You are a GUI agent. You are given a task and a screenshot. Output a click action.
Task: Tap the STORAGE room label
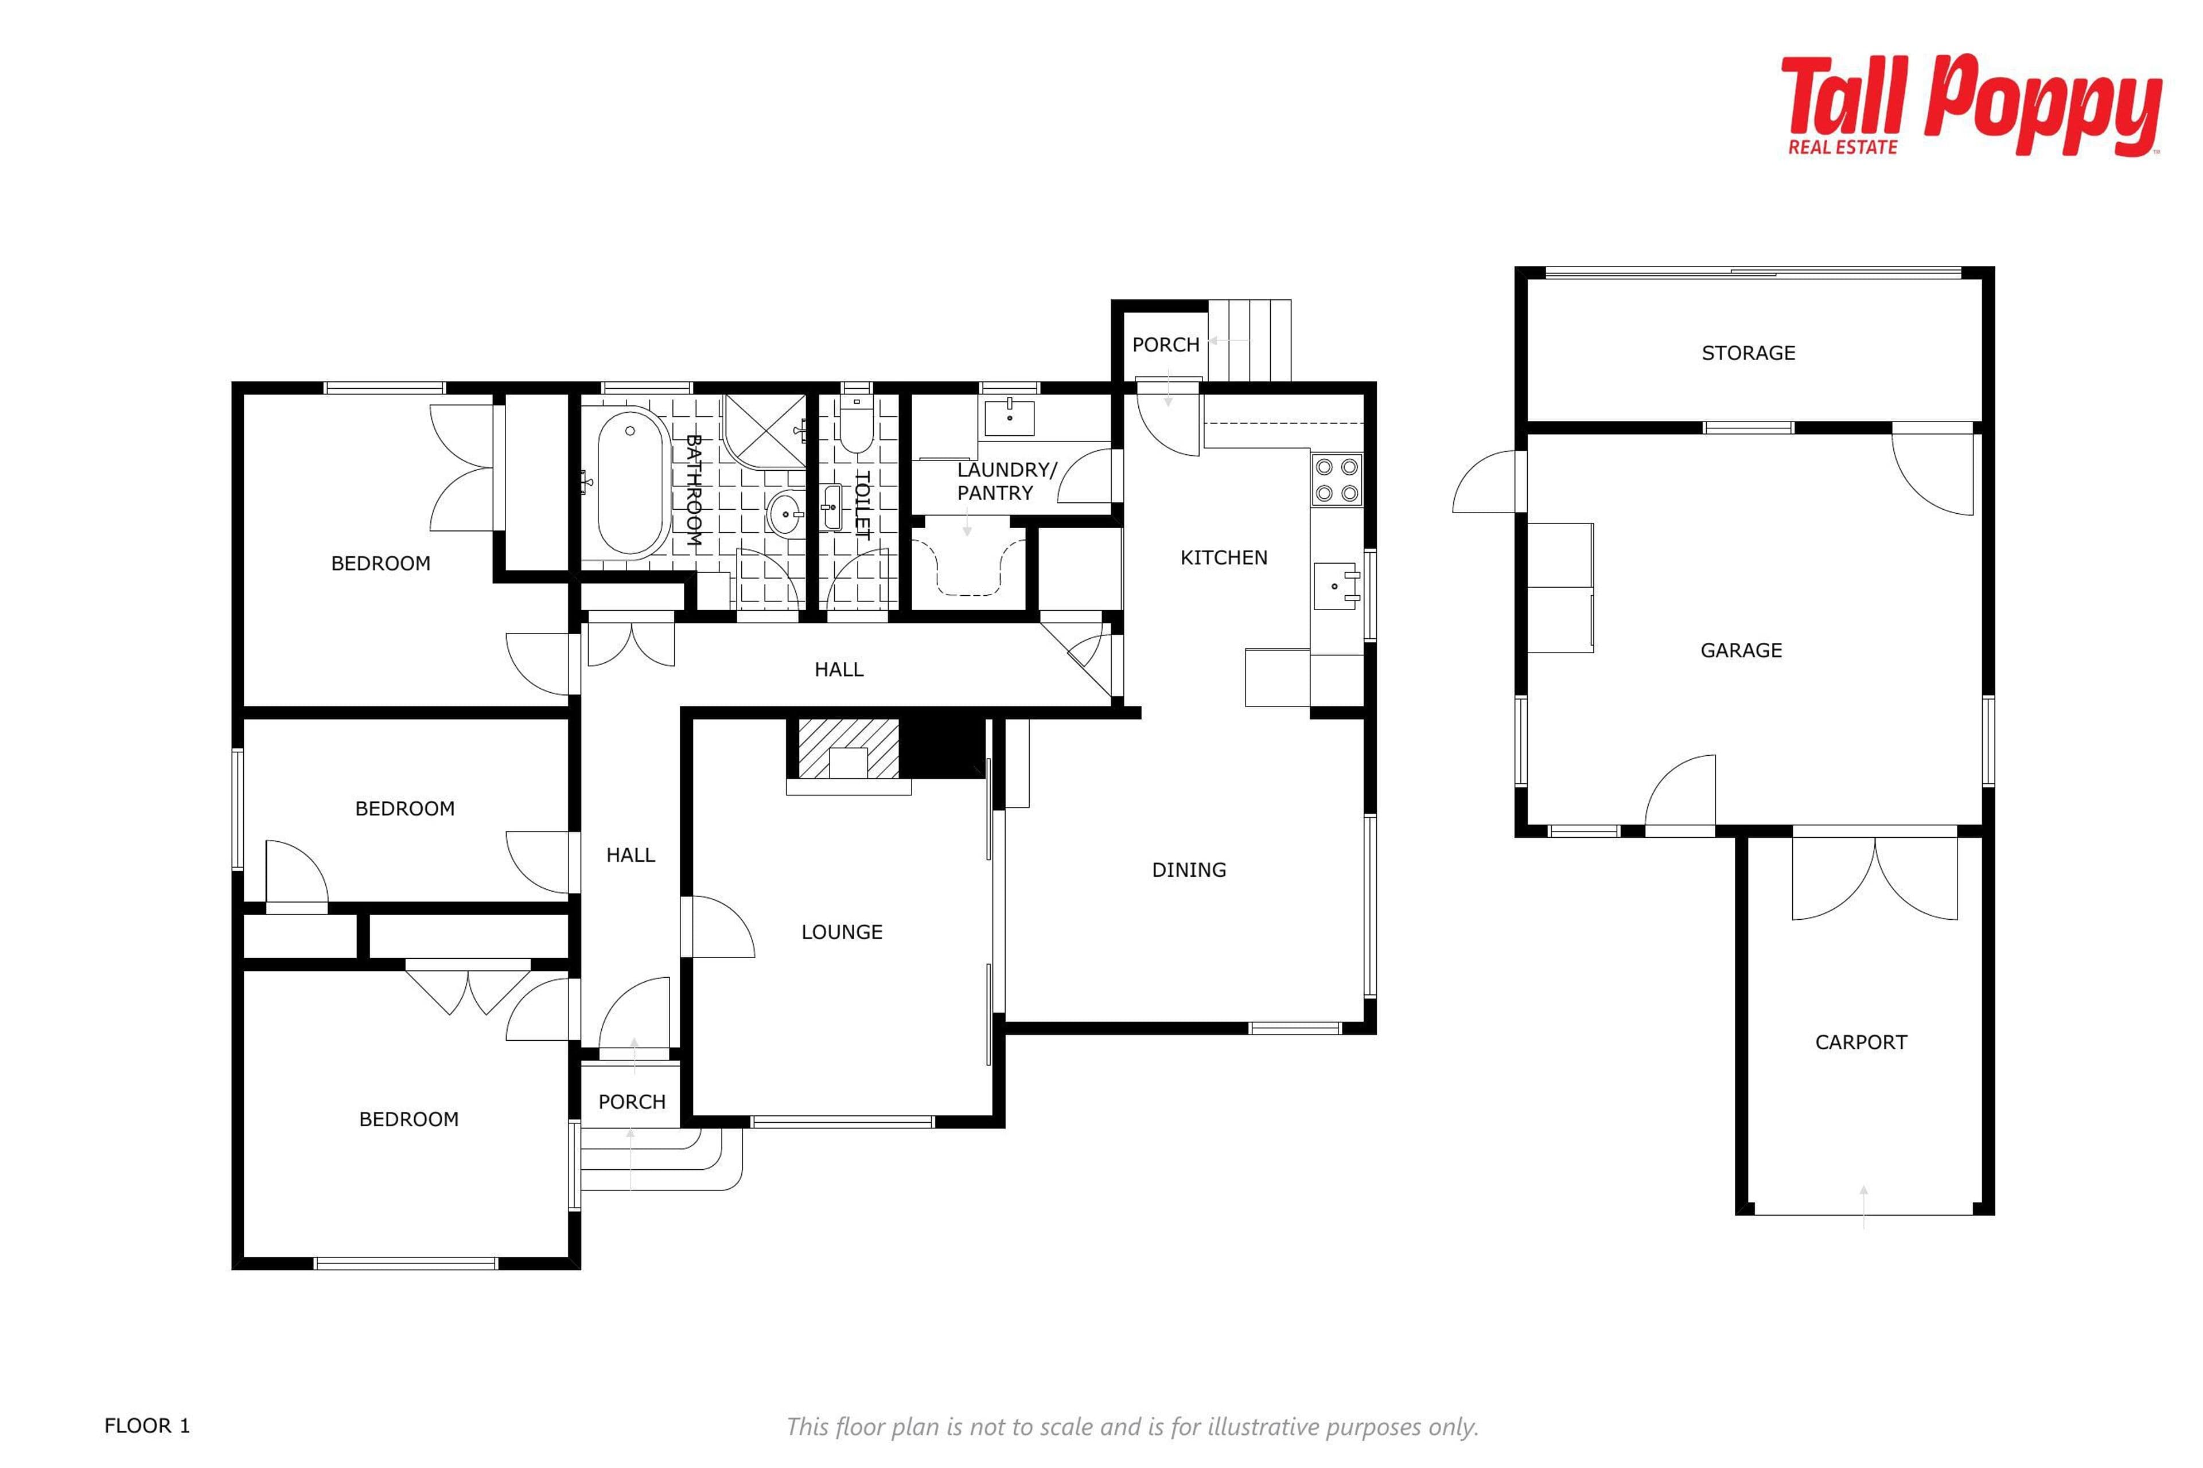[x=1748, y=353]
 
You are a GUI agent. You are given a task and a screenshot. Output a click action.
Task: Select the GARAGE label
[x=1740, y=650]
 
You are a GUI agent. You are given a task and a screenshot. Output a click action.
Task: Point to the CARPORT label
[x=1860, y=1042]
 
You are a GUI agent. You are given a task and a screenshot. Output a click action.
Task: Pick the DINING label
[x=1189, y=870]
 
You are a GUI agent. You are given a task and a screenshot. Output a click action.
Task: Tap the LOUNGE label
[x=841, y=931]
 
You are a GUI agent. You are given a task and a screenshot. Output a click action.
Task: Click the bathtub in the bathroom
[x=633, y=482]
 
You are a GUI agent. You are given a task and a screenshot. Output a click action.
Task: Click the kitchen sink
[x=1336, y=586]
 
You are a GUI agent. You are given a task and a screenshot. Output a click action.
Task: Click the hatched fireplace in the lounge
[x=848, y=749]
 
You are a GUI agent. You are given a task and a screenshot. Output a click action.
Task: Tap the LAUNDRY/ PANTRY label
[x=1005, y=481]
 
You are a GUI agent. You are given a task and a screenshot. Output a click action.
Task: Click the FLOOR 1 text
[x=147, y=1426]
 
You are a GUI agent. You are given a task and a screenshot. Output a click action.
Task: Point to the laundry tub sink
[x=1009, y=417]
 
